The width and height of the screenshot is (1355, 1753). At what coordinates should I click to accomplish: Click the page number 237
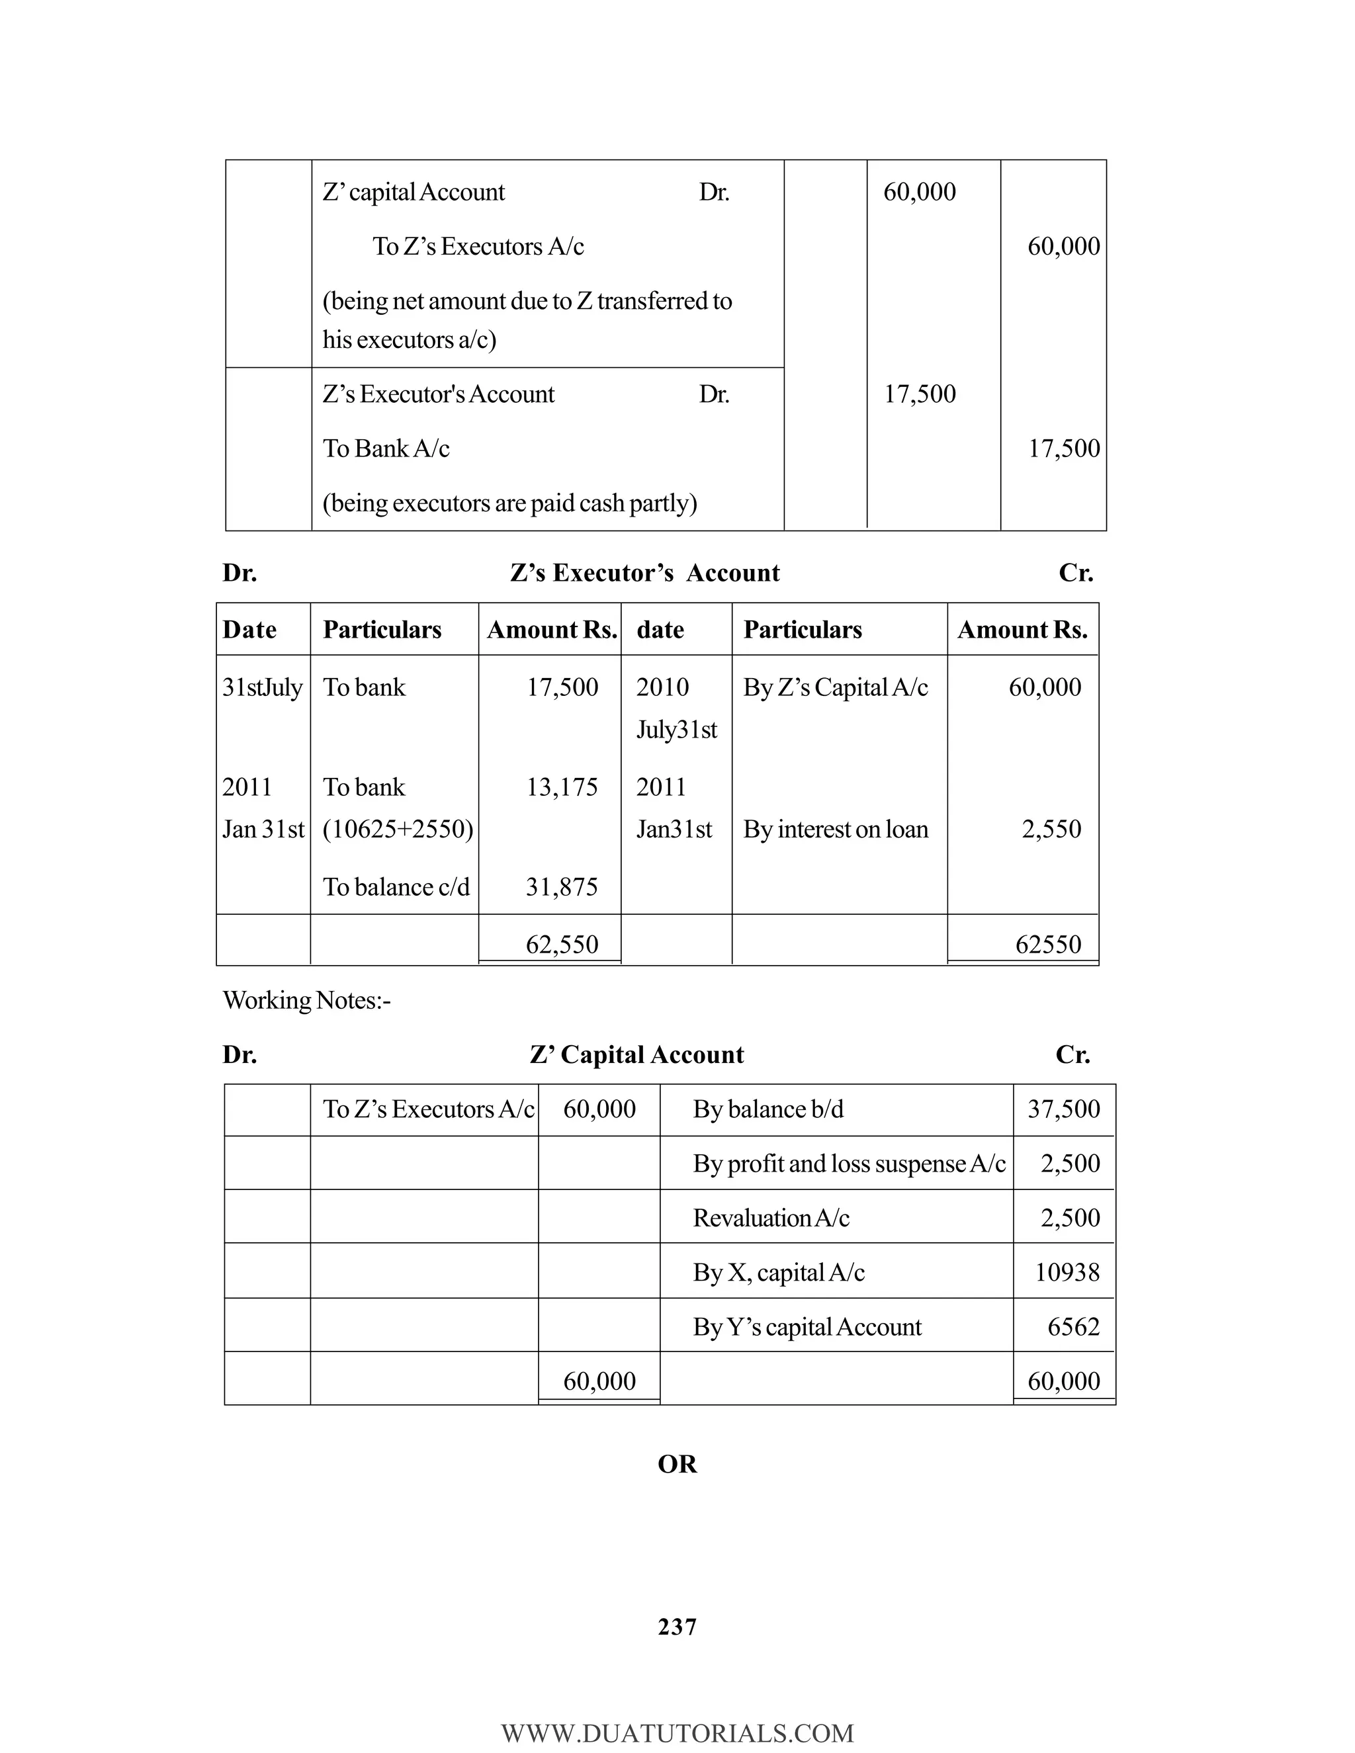pyautogui.click(x=677, y=1626)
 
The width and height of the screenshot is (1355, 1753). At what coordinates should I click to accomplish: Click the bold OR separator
pyautogui.click(x=677, y=1464)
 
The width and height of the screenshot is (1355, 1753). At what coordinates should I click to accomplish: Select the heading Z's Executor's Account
pyautogui.click(x=644, y=572)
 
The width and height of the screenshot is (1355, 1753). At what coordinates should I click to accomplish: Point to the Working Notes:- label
pyautogui.click(x=306, y=1000)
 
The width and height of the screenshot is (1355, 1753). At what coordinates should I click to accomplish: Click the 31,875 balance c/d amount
pyautogui.click(x=561, y=887)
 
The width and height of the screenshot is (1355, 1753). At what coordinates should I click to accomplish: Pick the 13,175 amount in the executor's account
pyautogui.click(x=561, y=787)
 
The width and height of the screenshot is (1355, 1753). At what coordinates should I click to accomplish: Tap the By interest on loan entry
pyautogui.click(x=835, y=829)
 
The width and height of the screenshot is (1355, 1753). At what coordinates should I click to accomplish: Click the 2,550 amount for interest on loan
pyautogui.click(x=1051, y=829)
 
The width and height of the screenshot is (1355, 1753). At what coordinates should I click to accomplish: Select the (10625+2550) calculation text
pyautogui.click(x=398, y=829)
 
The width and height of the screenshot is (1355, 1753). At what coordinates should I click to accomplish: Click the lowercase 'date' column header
pyautogui.click(x=660, y=630)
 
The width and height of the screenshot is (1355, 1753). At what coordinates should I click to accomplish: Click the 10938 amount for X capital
pyautogui.click(x=1066, y=1272)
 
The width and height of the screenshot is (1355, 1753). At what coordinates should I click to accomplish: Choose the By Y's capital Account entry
pyautogui.click(x=807, y=1327)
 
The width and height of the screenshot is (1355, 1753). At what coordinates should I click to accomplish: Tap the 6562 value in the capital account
pyautogui.click(x=1072, y=1327)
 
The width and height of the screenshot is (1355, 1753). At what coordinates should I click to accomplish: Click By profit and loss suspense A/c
pyautogui.click(x=848, y=1164)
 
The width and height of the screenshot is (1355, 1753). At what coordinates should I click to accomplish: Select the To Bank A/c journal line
pyautogui.click(x=386, y=448)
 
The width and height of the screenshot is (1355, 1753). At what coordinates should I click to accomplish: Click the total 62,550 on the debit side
pyautogui.click(x=561, y=944)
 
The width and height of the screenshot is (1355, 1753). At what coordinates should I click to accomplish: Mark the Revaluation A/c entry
pyautogui.click(x=771, y=1219)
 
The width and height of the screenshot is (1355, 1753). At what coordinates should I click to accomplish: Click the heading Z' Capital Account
pyautogui.click(x=636, y=1054)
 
